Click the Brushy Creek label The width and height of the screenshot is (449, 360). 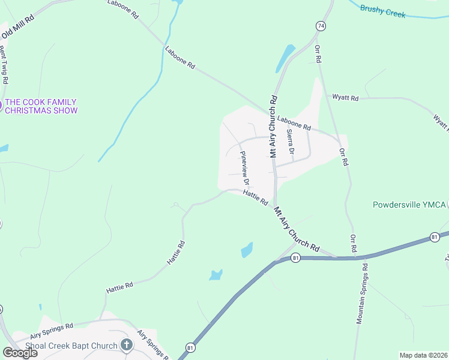382,10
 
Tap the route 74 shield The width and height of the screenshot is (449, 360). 321,26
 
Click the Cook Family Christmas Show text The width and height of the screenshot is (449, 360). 41,106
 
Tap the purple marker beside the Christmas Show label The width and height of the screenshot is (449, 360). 1,106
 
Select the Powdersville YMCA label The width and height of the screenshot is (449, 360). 410,205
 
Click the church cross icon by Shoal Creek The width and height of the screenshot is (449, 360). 126,344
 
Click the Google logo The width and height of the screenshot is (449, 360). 20,353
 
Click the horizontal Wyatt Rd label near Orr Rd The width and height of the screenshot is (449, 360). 346,97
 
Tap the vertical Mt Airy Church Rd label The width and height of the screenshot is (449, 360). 273,126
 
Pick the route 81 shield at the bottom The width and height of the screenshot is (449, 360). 190,348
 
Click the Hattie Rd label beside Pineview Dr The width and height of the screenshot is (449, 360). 255,197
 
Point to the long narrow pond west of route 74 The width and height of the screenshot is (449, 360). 284,58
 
